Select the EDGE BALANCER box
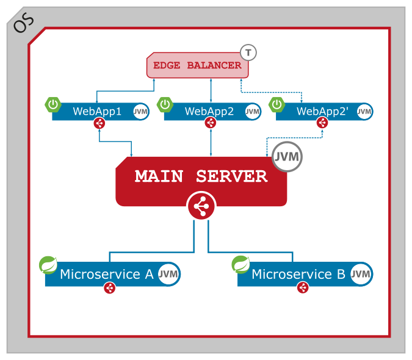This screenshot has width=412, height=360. point(197,65)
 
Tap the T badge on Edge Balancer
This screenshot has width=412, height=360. point(248,52)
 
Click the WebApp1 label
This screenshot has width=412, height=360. point(97,111)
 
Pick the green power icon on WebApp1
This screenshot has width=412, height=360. point(53,104)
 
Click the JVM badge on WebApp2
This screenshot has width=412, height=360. point(253,112)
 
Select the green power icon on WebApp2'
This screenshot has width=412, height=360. point(278,104)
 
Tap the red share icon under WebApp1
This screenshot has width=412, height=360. point(99,123)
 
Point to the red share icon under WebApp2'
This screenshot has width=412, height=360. point(323,123)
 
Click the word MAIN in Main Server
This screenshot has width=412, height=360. point(159,176)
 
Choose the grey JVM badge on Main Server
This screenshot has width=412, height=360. point(287,156)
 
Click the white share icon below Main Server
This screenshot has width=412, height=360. point(201,207)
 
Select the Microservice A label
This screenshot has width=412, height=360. point(106,274)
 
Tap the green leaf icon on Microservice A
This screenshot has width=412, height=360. point(48,265)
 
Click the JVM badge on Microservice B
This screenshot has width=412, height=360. point(361,274)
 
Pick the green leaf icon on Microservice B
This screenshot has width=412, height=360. point(241,265)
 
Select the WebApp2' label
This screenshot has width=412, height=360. point(320,111)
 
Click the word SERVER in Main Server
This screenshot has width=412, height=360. point(231,176)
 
